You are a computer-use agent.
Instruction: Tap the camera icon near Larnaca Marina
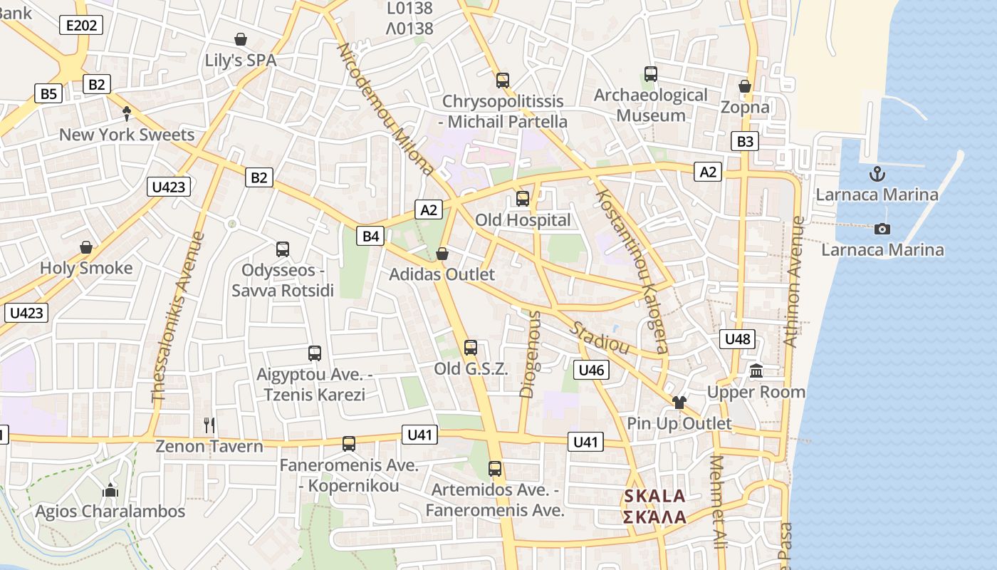tap(882, 229)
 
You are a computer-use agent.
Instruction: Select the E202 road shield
tap(80, 26)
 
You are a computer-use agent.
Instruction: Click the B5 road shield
tap(48, 93)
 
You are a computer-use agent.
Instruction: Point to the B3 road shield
tap(745, 141)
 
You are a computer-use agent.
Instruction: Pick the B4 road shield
tap(371, 236)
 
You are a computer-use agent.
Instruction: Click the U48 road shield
tap(737, 338)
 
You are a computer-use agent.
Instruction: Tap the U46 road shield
tap(591, 370)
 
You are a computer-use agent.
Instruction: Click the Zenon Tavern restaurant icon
tap(209, 425)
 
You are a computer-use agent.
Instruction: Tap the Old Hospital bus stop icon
tap(523, 199)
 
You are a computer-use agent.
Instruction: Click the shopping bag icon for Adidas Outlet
tap(442, 254)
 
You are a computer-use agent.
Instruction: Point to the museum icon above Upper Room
tap(756, 371)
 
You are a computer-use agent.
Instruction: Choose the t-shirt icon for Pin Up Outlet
tap(679, 403)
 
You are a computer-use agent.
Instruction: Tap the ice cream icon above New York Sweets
tap(127, 113)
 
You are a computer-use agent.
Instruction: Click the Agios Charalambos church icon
tap(110, 490)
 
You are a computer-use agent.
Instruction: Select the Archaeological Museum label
tap(651, 105)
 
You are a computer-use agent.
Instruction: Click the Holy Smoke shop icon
tap(86, 247)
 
